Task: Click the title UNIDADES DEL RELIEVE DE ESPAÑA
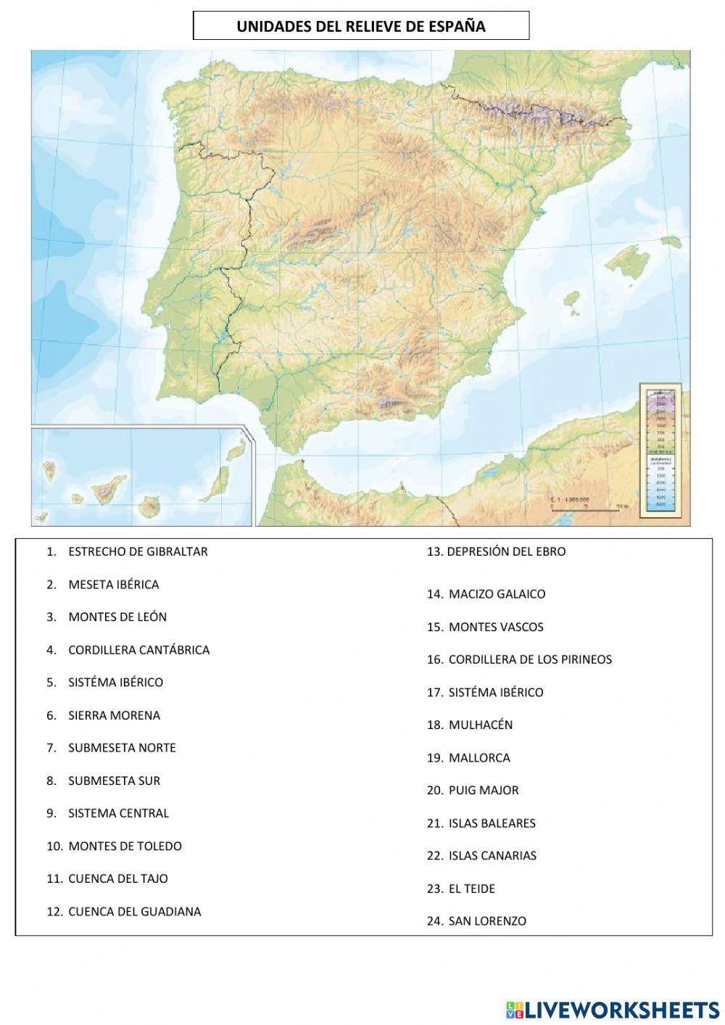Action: pos(360,27)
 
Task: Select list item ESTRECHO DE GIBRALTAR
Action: pos(138,551)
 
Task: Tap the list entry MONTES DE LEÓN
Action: pos(117,617)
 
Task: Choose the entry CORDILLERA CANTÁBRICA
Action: pos(138,650)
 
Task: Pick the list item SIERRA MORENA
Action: pos(114,715)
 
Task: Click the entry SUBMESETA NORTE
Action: pos(122,748)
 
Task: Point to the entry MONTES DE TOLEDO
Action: pos(125,846)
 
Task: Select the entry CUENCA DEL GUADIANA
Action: pos(134,912)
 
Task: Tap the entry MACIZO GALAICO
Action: pos(497,594)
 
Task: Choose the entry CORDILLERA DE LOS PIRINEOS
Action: pos(530,659)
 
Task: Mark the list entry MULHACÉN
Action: pos(480,725)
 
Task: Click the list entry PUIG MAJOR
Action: pos(484,790)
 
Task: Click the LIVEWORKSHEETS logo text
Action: pos(621,1009)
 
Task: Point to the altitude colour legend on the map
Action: pos(660,450)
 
